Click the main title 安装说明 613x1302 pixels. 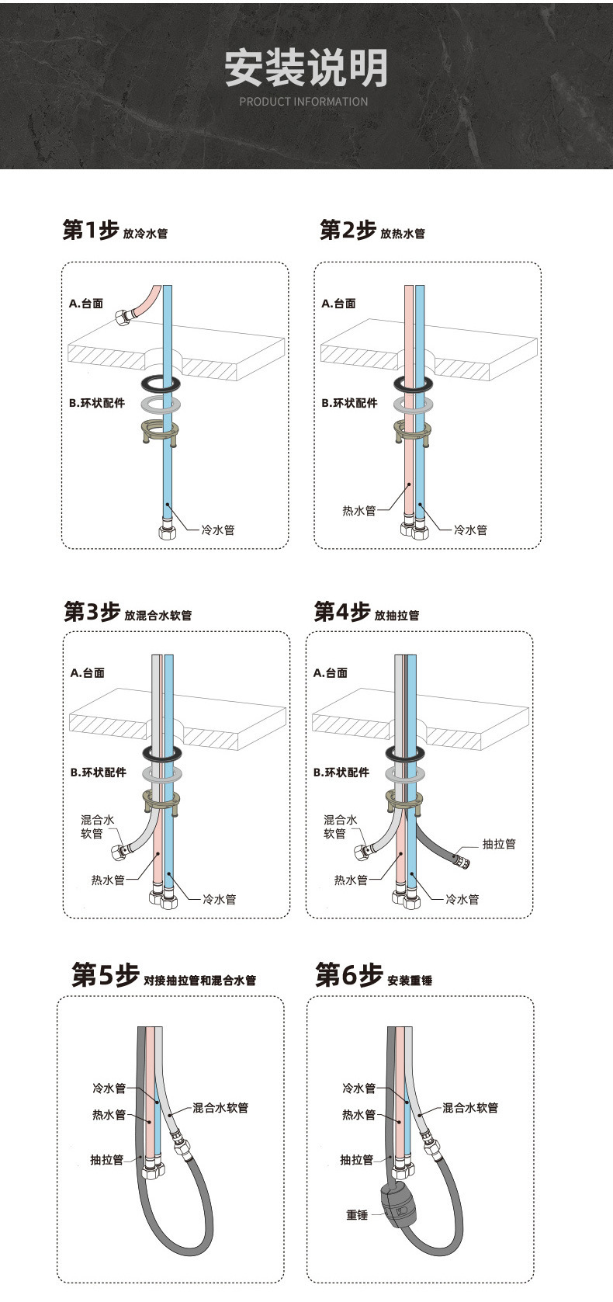306,68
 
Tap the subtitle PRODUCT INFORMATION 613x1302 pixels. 303,102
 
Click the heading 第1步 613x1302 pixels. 90,230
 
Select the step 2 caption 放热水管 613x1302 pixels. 403,234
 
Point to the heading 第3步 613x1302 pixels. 92,612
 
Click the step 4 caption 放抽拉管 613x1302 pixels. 397,616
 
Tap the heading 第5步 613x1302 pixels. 105,975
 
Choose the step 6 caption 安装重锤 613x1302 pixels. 410,981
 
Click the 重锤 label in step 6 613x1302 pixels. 357,1215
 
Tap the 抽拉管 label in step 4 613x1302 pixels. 498,844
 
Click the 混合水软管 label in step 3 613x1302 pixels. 98,827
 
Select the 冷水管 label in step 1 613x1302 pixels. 218,530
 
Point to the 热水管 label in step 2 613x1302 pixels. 359,511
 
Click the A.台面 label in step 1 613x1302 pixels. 86,304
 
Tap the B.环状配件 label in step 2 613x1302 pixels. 349,403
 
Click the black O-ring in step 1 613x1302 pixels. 163,384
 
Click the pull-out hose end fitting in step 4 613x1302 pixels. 462,860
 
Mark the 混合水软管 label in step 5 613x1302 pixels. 220,1108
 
